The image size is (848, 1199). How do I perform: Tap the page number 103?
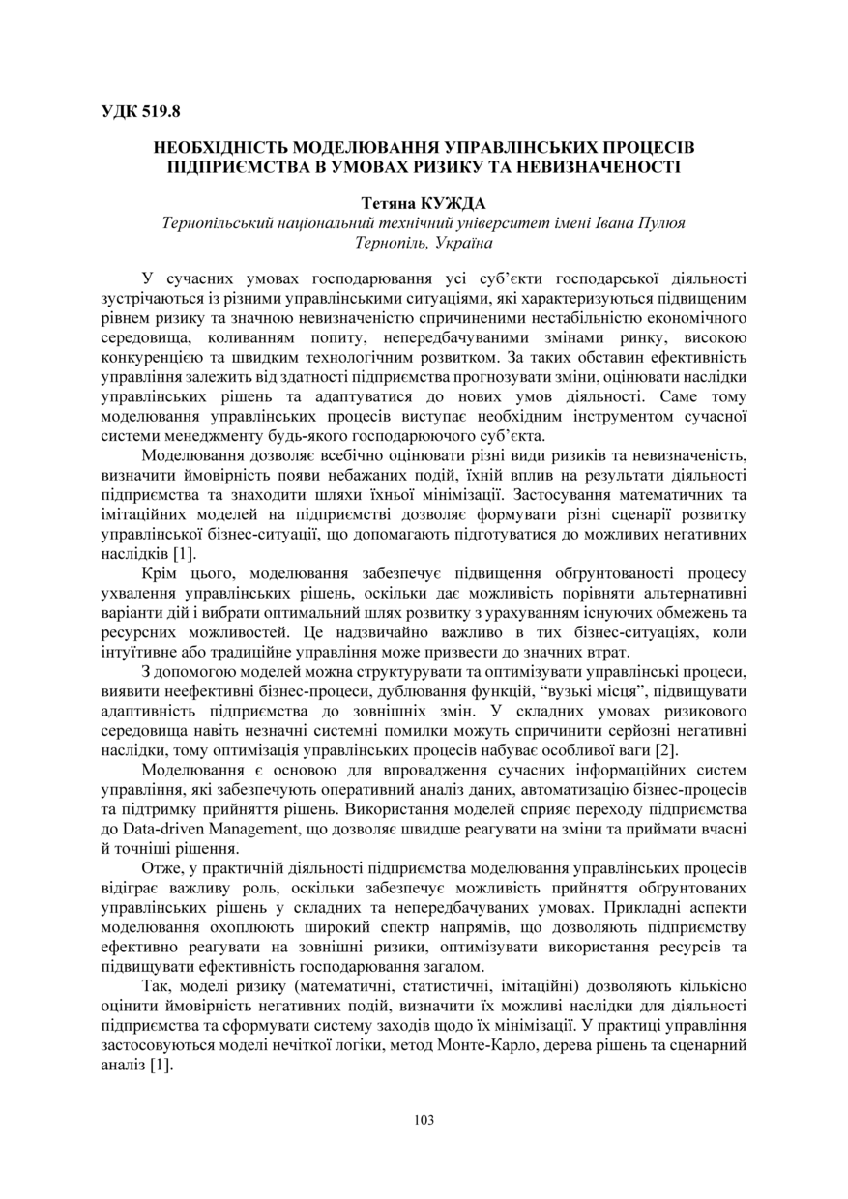[424, 1120]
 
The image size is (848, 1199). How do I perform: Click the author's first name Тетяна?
[388, 204]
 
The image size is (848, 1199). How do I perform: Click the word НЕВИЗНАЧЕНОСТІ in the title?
[591, 166]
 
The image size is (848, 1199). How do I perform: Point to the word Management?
[253, 830]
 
